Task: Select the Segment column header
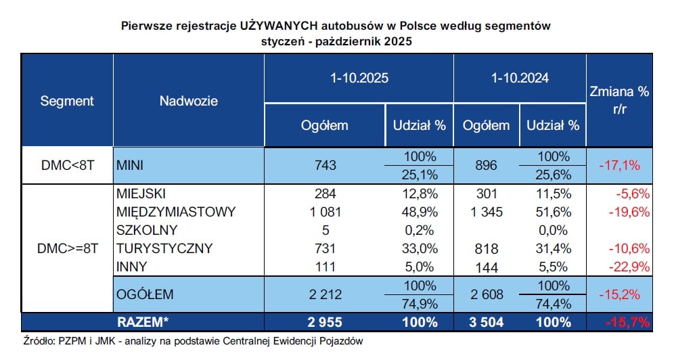[67, 101]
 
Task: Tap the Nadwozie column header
[188, 101]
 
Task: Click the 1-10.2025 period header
[359, 78]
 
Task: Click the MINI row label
[131, 165]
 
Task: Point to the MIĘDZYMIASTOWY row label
[175, 212]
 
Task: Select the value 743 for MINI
[325, 165]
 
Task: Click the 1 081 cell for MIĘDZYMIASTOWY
[325, 212]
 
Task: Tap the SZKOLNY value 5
[325, 230]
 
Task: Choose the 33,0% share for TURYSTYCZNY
[420, 248]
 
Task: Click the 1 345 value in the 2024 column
[487, 212]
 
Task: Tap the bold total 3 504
[487, 322]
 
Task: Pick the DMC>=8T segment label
[67, 248]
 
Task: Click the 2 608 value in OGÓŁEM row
[487, 294]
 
